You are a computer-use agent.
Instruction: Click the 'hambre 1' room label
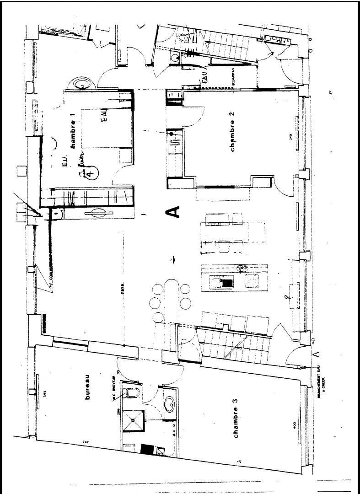pyautogui.click(x=72, y=134)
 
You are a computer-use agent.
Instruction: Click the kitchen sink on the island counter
pyautogui.click(x=225, y=282)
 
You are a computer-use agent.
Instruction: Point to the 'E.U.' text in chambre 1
pyautogui.click(x=64, y=162)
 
